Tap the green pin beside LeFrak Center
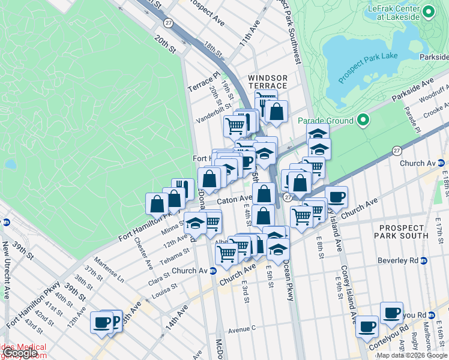click(429, 11)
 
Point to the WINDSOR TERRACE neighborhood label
click(268, 82)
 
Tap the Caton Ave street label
click(234, 199)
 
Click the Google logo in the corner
click(20, 353)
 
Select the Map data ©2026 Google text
click(412, 355)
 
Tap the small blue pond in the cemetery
click(10, 164)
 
